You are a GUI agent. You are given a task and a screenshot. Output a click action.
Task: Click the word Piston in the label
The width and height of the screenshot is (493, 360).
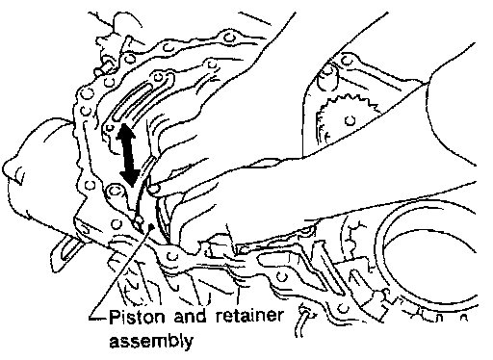tap(138, 317)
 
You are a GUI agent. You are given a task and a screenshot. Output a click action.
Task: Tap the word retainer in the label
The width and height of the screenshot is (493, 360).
tap(249, 316)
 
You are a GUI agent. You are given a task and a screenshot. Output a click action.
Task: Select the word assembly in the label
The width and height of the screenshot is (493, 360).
tap(151, 341)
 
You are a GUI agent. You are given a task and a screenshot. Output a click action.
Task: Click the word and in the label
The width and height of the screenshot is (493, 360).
tap(191, 316)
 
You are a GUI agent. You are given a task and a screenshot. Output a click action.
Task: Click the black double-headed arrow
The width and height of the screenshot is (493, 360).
tap(128, 155)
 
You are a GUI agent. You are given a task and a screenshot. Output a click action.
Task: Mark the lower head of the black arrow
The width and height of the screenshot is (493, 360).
tap(130, 179)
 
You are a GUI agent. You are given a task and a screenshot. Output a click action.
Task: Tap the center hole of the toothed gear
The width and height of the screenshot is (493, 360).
tap(350, 120)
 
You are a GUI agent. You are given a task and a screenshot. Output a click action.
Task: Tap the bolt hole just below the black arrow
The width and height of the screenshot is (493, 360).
tap(115, 192)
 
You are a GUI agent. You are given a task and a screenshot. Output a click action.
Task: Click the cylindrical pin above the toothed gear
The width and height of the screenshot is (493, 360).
tap(327, 77)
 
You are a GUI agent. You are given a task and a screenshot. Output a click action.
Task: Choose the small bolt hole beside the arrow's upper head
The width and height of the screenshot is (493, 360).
tap(109, 128)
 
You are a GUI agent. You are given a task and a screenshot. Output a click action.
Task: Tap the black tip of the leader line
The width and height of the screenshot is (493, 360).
tap(151, 227)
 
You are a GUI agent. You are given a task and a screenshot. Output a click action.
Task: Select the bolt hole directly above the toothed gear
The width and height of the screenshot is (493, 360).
tap(346, 60)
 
